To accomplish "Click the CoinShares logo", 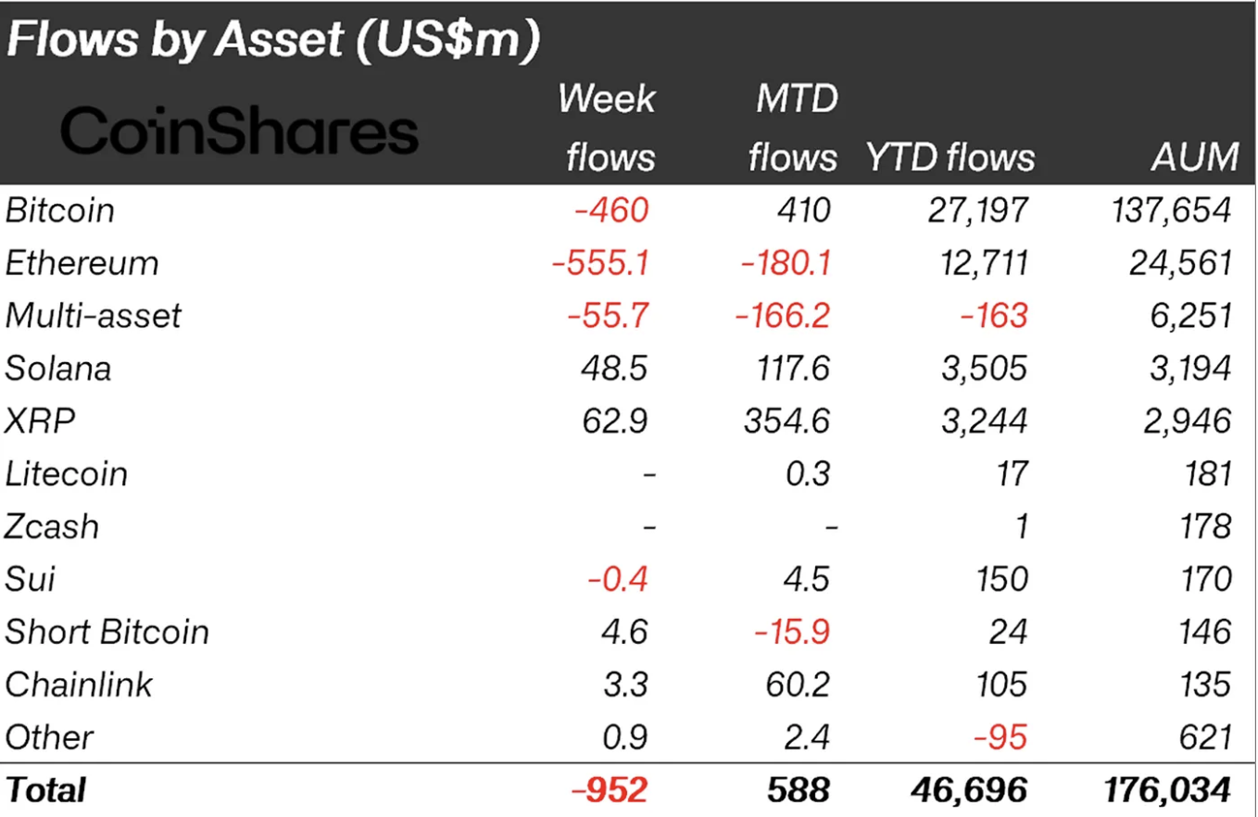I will pos(239,132).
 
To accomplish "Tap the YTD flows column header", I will pos(950,157).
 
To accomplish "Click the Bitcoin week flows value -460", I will pos(611,210).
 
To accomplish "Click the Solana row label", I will pos(58,369).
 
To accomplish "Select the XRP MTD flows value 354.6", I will pos(787,421).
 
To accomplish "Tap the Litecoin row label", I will pos(66,474).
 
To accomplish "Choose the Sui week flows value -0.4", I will pos(618,580).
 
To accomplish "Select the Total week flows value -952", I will pos(610,790).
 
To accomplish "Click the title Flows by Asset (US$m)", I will pos(272,43).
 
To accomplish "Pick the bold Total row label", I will pos(45,790).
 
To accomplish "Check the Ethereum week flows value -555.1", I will pos(600,263).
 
